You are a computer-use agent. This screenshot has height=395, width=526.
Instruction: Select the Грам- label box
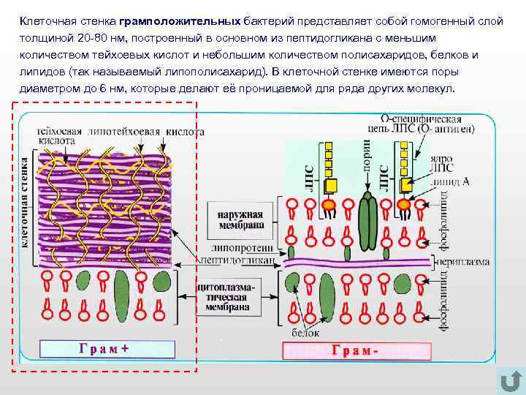355,350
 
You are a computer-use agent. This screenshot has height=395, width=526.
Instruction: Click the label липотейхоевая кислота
146,132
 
